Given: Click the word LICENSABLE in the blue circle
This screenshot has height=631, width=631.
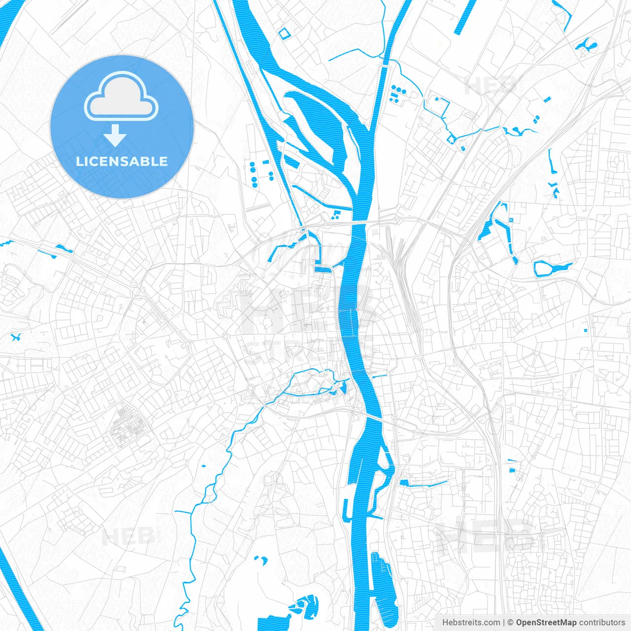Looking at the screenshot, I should point(122,161).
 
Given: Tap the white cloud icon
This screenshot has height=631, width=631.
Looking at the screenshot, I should point(121,97).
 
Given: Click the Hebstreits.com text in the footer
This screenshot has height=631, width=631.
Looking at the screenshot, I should point(471,623).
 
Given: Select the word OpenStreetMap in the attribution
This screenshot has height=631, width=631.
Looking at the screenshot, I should point(546,623).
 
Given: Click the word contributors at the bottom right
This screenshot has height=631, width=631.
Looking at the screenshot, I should point(601,623).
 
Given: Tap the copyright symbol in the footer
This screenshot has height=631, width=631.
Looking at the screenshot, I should point(511,623).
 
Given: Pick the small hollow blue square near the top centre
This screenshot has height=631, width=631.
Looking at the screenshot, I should point(283,34).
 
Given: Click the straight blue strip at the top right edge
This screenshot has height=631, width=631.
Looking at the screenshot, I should point(464,17).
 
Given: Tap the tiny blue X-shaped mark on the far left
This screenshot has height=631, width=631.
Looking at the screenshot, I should point(16,337).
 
